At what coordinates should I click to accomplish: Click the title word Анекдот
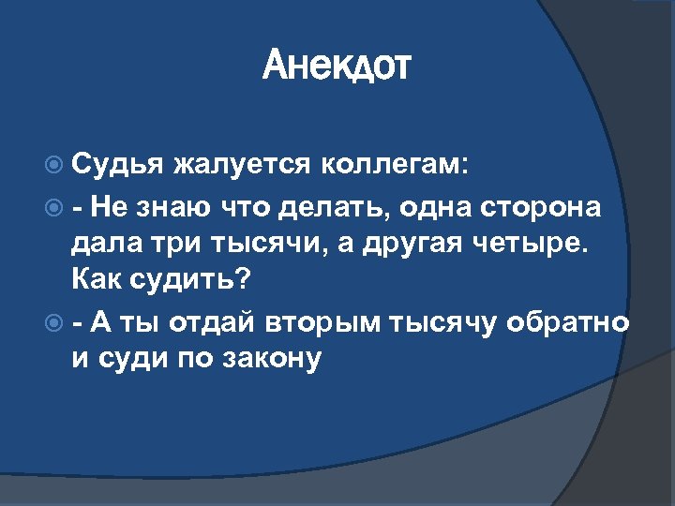coord(337,67)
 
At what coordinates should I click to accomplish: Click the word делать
coord(332,206)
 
